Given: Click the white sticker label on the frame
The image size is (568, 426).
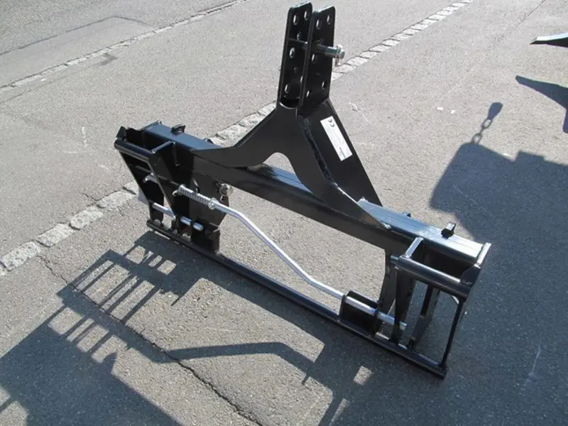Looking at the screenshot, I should [x=336, y=138].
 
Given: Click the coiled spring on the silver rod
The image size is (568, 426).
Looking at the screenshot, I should [x=193, y=197].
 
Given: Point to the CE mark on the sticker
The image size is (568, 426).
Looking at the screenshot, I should [x=327, y=126].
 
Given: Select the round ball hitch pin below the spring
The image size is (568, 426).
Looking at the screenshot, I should [x=225, y=190].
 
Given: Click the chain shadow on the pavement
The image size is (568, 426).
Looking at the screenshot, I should [x=488, y=121].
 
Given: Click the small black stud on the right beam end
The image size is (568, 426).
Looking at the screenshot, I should [x=448, y=229].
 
